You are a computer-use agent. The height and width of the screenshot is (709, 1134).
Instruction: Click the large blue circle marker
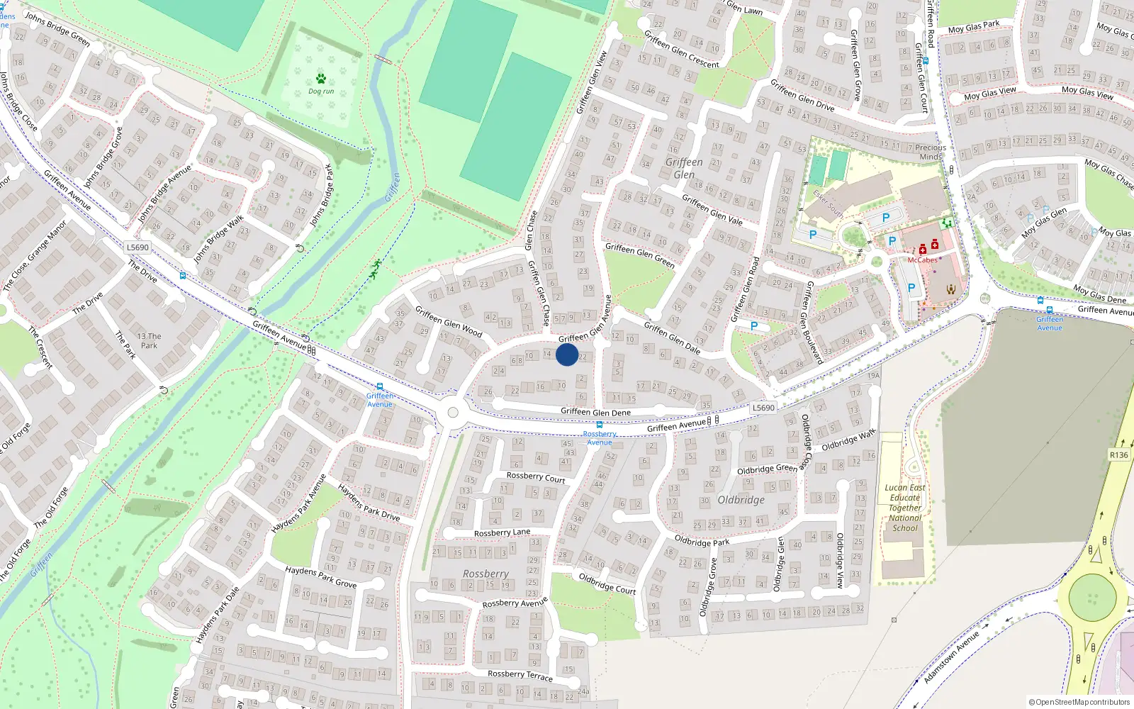(567, 354)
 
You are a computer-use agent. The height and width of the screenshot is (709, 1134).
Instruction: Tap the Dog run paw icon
(321, 79)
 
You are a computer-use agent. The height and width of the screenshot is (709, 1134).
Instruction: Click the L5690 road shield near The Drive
(137, 247)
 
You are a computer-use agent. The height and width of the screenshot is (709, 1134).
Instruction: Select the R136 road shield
(1118, 455)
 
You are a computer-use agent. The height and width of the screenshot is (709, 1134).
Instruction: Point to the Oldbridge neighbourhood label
(741, 500)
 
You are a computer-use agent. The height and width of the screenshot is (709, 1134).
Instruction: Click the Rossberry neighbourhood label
(485, 574)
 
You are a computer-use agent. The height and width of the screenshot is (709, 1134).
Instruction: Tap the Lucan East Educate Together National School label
(905, 508)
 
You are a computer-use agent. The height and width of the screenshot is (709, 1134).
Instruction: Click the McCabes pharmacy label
(922, 260)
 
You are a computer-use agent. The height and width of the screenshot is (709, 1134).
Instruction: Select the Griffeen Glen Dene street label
(595, 412)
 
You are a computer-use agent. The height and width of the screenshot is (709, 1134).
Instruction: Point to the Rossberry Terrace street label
(520, 675)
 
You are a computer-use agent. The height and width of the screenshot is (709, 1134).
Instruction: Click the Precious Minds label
(931, 152)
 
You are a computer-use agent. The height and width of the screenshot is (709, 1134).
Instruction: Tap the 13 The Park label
(149, 341)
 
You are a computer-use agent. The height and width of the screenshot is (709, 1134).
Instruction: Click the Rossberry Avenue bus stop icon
(599, 425)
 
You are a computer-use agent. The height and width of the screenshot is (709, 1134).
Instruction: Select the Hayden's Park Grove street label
(320, 576)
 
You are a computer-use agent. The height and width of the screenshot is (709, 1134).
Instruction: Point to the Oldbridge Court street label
(607, 584)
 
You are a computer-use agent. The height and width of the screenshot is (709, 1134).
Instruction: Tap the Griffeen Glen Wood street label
(449, 321)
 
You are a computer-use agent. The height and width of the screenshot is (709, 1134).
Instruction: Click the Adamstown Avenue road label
(951, 657)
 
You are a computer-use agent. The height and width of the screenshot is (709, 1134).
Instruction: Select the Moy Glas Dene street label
(1099, 294)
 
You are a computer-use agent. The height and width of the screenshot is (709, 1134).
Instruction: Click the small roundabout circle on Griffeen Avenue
(453, 413)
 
